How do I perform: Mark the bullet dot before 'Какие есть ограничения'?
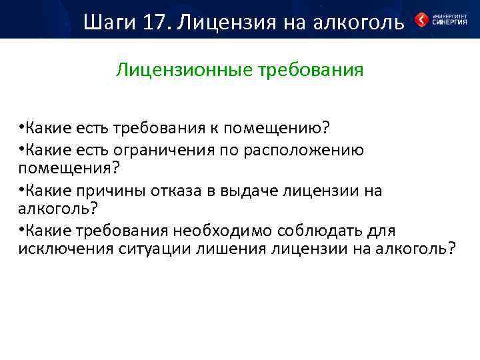[22, 150]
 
